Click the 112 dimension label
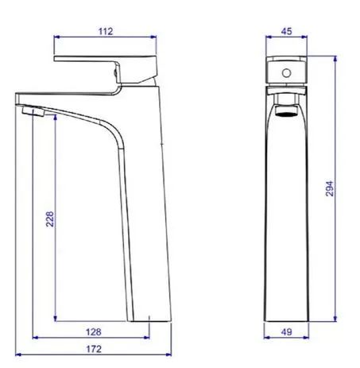(106, 32)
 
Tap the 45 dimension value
(286, 31)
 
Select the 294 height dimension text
(329, 188)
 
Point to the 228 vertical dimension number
(50, 219)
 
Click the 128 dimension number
(94, 331)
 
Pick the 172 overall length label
(94, 349)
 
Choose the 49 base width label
(286, 331)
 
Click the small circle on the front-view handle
(286, 73)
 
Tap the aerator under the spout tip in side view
(33, 111)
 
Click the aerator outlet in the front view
(286, 111)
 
